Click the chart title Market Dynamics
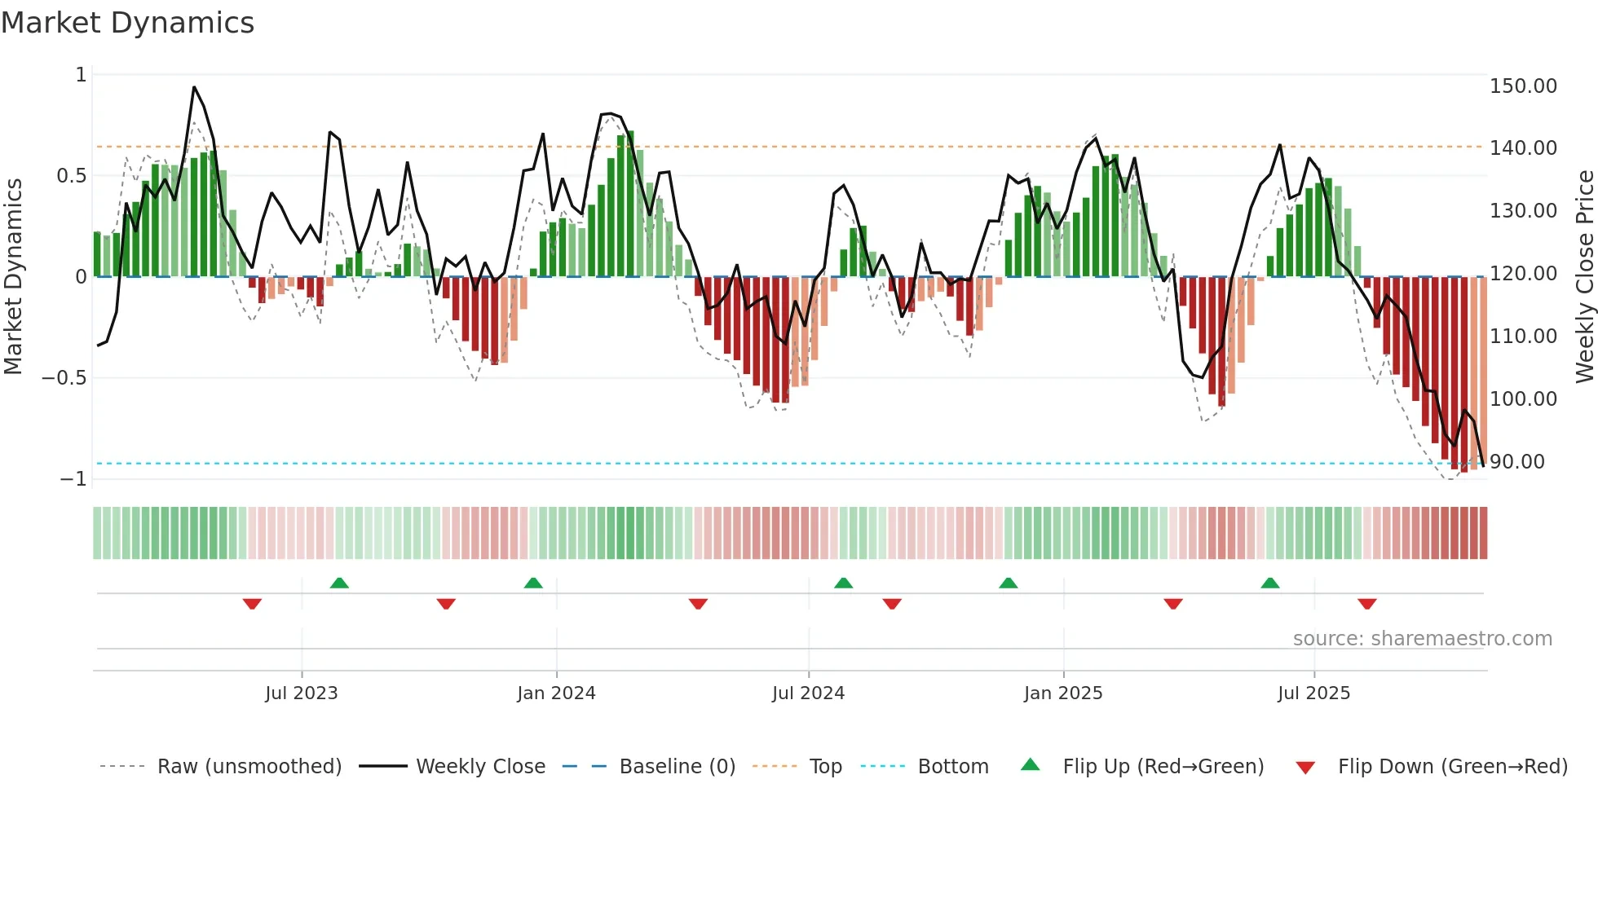[128, 23]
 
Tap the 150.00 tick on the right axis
[1523, 86]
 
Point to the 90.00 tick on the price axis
[1516, 462]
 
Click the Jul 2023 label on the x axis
[301, 693]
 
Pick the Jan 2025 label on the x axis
[1063, 693]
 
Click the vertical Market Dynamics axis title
[13, 277]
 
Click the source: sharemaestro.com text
[1422, 639]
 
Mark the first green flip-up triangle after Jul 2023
[339, 583]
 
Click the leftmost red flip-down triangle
[252, 604]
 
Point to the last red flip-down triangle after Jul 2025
[1367, 604]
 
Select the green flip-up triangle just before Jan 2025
[1009, 583]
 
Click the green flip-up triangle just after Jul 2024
[844, 583]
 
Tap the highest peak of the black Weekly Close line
[194, 87]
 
